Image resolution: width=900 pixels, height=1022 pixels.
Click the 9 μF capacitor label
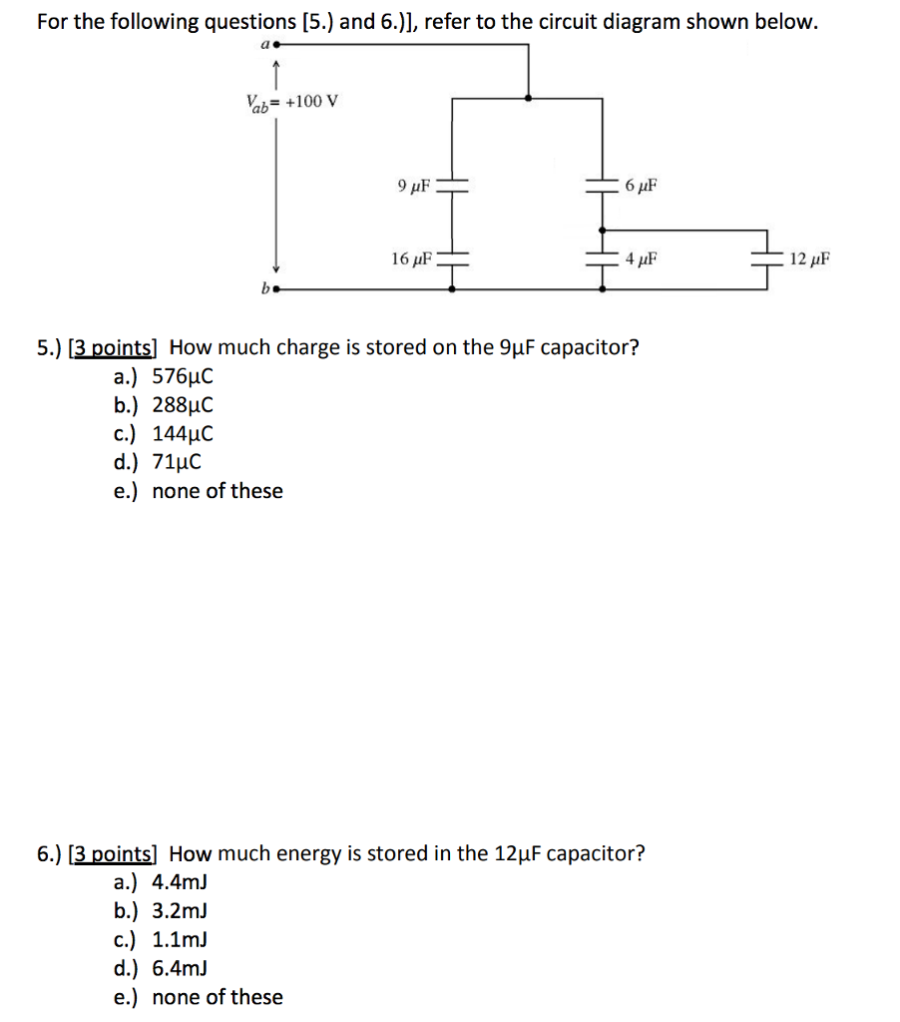coord(412,185)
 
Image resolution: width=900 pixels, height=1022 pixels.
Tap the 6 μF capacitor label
coord(642,186)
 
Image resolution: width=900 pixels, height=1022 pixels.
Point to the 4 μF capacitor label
coord(641,260)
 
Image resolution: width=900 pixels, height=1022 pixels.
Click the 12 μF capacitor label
coord(808,260)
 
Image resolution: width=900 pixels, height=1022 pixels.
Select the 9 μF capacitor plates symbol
coord(454,185)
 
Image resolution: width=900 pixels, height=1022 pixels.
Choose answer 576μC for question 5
coord(183,376)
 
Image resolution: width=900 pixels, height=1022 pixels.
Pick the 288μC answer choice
coord(183,405)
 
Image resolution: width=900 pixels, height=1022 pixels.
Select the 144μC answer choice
coord(183,434)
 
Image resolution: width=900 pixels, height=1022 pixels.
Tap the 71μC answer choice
coord(177,462)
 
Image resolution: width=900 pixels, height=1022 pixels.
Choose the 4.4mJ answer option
coord(180,882)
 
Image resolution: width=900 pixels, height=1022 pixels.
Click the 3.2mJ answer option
coord(180,911)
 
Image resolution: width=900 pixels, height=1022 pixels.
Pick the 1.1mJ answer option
coord(180,939)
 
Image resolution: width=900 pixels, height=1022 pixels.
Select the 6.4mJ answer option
coord(180,968)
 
